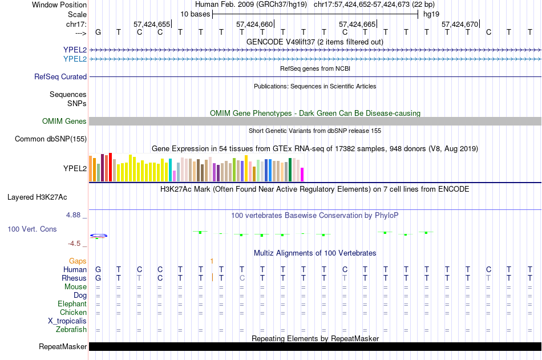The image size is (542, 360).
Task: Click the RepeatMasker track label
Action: pos(63,346)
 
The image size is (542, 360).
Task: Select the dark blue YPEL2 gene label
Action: pos(75,50)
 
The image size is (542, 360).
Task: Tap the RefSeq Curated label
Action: pos(60,77)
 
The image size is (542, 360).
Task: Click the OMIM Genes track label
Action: pos(64,121)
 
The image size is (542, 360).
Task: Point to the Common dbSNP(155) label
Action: pos(50,139)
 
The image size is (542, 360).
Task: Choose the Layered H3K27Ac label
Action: pos(37,197)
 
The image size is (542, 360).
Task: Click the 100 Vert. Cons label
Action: pos(32,229)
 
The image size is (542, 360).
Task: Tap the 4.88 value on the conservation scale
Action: pos(73,215)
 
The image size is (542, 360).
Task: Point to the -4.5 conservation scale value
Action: pos(74,244)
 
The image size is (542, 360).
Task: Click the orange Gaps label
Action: pos(78,261)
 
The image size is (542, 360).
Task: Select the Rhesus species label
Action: pos(74,278)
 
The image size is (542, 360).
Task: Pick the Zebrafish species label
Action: pos(71,330)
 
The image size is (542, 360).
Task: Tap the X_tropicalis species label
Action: pos(67,321)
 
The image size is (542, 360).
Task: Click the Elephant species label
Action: pos(72,304)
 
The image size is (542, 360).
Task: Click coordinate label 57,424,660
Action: pos(254,24)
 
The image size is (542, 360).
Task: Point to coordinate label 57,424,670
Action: pos(460,24)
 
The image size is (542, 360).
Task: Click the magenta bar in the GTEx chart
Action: pos(302,175)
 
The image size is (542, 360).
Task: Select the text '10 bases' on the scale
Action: pos(195,14)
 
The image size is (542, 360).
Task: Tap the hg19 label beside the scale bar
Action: pos(431,14)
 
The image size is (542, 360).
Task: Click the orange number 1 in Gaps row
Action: pos(212,261)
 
